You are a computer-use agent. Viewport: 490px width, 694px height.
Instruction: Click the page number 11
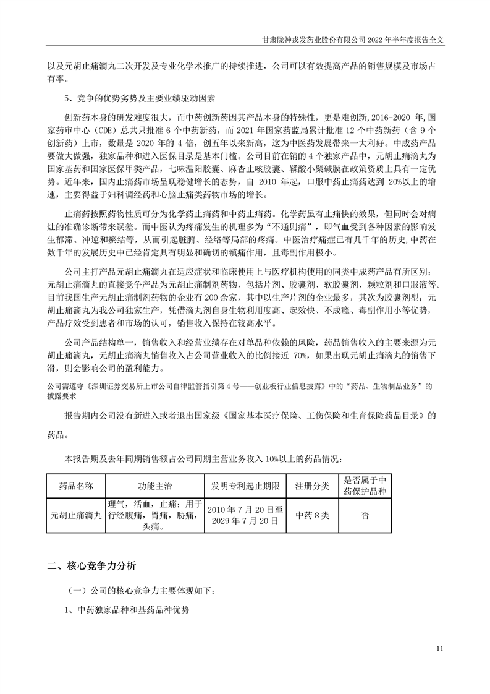coord(440,648)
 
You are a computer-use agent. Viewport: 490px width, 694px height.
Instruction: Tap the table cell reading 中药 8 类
coord(313,515)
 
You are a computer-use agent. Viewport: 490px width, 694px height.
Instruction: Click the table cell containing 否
coord(365,515)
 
